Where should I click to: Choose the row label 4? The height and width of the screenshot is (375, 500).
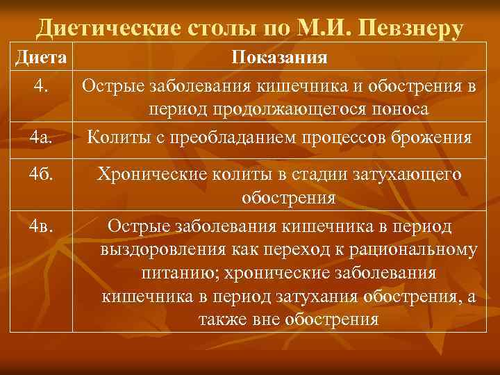click(41, 87)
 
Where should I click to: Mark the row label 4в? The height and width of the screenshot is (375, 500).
click(41, 226)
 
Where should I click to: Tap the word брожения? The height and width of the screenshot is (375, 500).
click(431, 137)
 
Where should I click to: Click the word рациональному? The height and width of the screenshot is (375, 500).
click(419, 250)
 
